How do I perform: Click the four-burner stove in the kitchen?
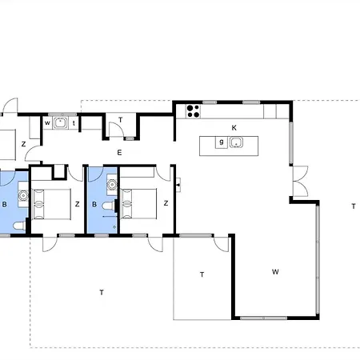pos(194,111)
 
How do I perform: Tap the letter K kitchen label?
pos(234,128)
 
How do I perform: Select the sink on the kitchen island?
pos(236,142)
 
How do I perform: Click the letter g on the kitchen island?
pos(222,142)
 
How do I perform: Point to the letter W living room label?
pos(275,272)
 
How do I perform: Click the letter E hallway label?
pos(119,153)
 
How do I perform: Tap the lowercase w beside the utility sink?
pos(47,123)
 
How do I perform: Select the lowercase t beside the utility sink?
pos(74,123)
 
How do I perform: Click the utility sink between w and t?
pos(60,123)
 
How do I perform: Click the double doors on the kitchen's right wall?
pos(300,181)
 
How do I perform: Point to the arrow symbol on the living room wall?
pos(178,185)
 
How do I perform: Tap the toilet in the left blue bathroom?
pos(19,226)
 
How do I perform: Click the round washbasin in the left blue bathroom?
pos(23,195)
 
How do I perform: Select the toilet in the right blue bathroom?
pos(109,206)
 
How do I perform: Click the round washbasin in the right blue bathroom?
pos(112,184)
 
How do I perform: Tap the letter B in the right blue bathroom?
pos(94,204)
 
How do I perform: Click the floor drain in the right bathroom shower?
pos(114,227)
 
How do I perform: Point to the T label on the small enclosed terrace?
pos(202,274)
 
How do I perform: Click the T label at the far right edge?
pos(354,206)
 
